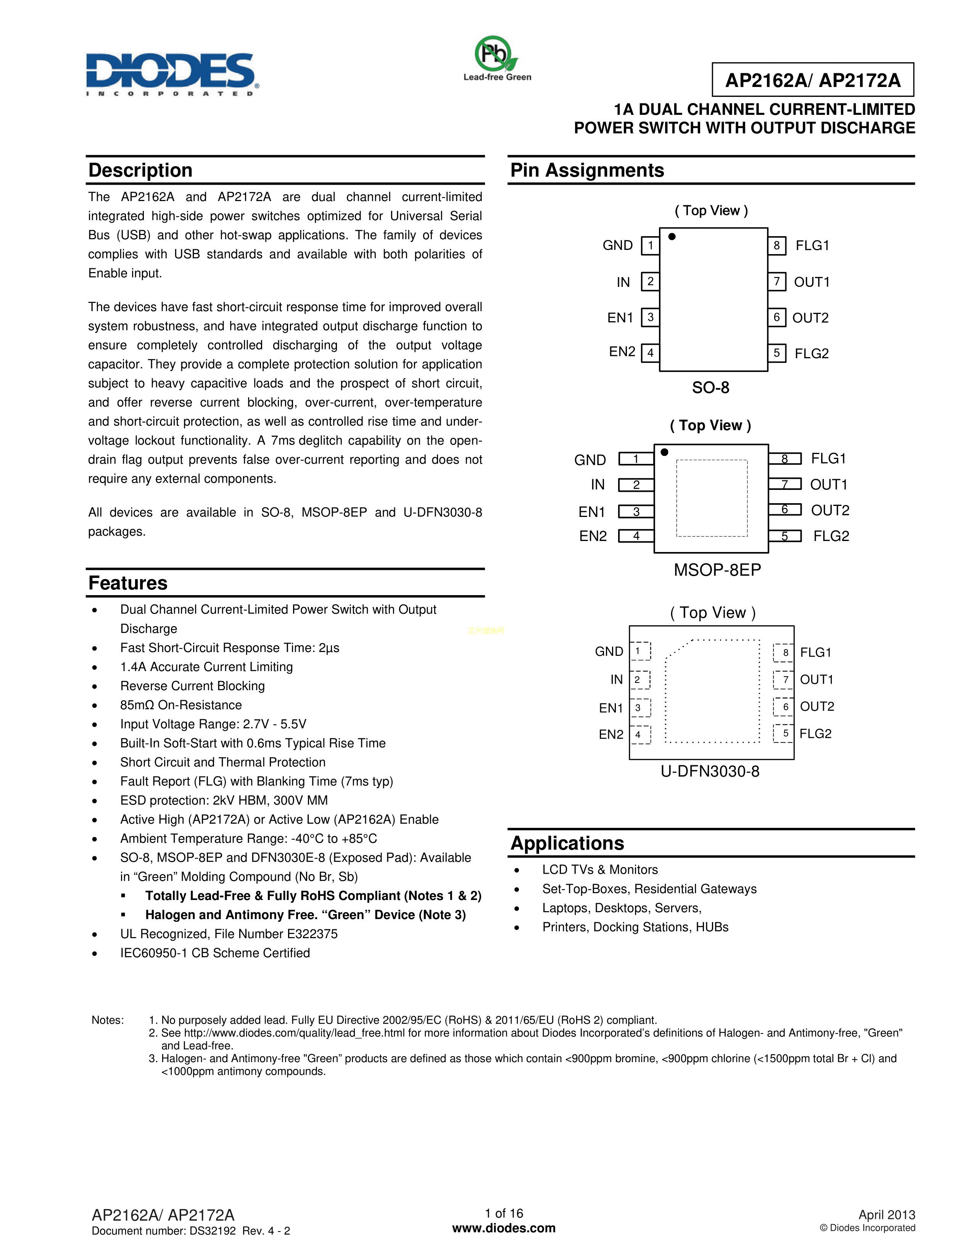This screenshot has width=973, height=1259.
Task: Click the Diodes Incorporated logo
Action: point(171,74)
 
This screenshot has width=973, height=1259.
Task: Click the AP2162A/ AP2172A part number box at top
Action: point(812,80)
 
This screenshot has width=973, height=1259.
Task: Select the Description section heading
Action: point(140,171)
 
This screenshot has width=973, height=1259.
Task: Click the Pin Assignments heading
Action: point(587,171)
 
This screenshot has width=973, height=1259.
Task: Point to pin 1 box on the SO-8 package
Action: point(650,246)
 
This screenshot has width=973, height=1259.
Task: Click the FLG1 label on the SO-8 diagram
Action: point(812,246)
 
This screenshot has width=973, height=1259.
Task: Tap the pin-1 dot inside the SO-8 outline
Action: point(672,237)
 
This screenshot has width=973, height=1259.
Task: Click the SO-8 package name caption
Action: point(710,387)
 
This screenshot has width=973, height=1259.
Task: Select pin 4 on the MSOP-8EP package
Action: point(636,536)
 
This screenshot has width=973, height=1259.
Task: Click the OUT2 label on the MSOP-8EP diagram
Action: point(830,510)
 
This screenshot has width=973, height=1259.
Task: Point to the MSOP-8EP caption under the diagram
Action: point(717,570)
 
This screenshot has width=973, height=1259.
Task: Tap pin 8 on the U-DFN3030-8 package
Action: point(785,652)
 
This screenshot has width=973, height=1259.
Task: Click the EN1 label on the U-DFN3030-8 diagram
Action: point(611,708)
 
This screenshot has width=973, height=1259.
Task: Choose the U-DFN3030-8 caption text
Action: point(710,771)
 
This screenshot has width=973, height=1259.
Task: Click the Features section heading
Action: point(127,583)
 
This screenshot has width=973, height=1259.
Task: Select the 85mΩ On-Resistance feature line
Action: point(180,705)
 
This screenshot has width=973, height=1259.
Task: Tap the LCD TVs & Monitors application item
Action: point(599,870)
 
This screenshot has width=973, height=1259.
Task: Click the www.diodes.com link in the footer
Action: point(504,1228)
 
